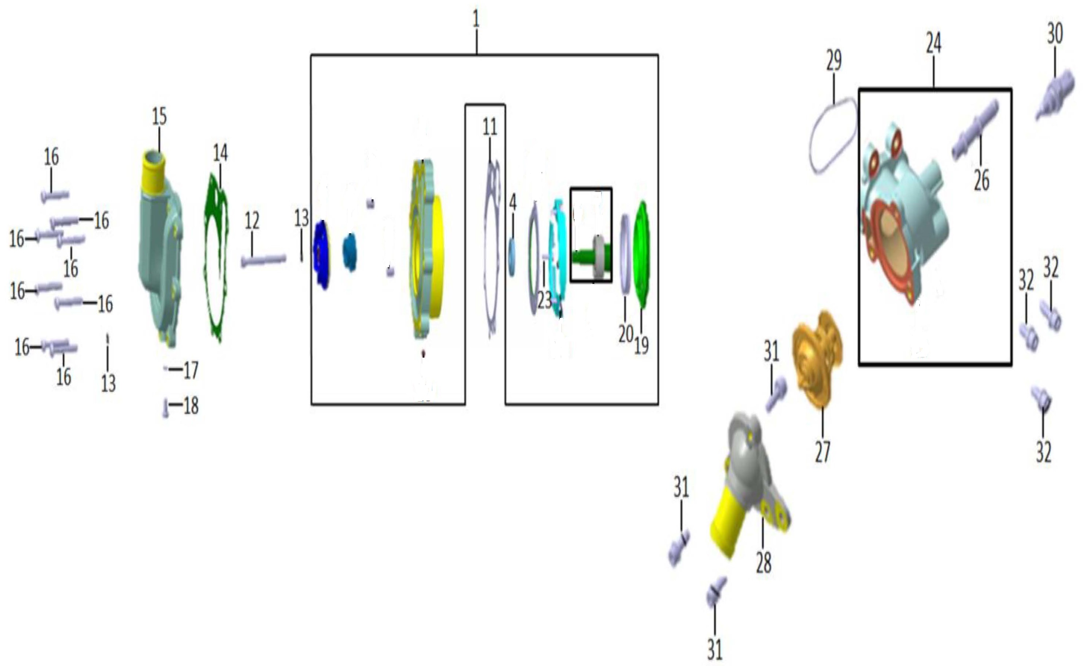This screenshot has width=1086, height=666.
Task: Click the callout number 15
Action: [x=159, y=117]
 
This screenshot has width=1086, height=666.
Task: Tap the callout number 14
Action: [x=221, y=153]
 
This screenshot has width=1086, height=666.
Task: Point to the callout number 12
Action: [x=252, y=221]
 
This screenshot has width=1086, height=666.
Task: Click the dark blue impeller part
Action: [x=322, y=255]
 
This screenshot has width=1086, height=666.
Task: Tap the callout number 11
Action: [x=490, y=127]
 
